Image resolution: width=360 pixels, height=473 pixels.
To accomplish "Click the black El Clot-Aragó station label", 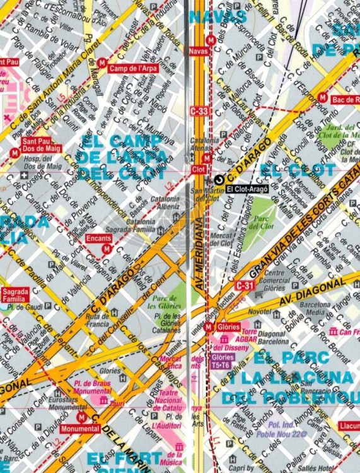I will [247, 189].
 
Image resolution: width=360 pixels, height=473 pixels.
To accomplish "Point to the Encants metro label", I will [99, 238].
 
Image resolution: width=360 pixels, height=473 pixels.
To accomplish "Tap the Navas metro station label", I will [198, 50].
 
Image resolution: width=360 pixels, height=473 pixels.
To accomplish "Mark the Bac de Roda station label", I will [345, 99].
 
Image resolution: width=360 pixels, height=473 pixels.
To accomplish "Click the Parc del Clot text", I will [263, 223].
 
